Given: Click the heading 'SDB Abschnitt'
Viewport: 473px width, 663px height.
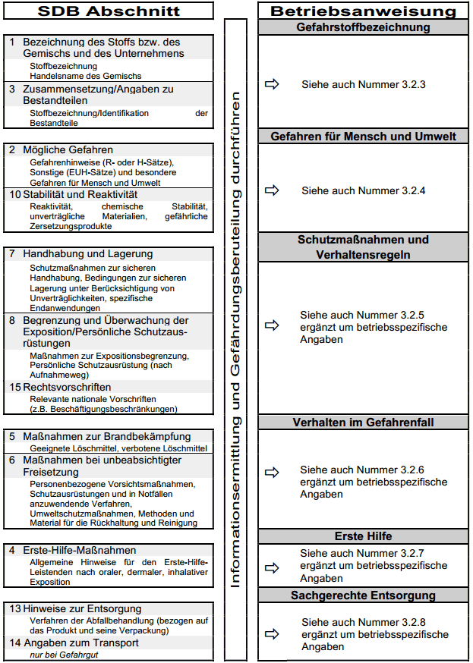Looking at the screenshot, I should (109, 11).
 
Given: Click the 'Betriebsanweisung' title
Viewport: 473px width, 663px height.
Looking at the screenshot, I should (363, 11).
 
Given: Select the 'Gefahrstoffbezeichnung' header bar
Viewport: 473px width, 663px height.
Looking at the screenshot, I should (363, 27).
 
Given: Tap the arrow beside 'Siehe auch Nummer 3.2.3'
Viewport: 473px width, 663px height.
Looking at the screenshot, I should (272, 84).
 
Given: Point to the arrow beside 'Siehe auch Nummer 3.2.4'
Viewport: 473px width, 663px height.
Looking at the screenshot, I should (272, 190).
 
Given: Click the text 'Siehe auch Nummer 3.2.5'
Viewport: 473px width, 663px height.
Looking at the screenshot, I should (352, 315).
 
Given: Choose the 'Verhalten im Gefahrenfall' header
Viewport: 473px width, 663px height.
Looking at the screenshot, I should (363, 423).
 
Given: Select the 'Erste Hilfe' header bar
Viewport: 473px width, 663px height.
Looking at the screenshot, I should (363, 536).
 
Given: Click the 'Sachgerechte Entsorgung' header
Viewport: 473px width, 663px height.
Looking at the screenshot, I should (363, 595).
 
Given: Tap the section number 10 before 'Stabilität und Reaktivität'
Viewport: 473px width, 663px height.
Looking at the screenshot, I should (15, 195).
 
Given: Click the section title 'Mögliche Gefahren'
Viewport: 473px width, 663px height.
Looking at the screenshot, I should (68, 149).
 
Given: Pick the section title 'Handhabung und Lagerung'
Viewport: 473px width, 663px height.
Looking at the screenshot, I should (87, 253).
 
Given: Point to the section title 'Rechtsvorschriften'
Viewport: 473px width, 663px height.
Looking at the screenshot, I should (68, 387).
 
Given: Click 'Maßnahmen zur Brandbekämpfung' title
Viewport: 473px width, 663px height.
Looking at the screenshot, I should (106, 436).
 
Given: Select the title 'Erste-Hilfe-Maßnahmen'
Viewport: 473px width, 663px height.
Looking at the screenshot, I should (80, 550).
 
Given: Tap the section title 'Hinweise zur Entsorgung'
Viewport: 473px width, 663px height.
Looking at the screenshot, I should (82, 608).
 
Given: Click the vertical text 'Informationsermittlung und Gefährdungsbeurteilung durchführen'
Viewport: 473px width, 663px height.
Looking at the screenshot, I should (235, 334).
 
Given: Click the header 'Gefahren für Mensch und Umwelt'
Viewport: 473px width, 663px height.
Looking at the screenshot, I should (363, 137).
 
